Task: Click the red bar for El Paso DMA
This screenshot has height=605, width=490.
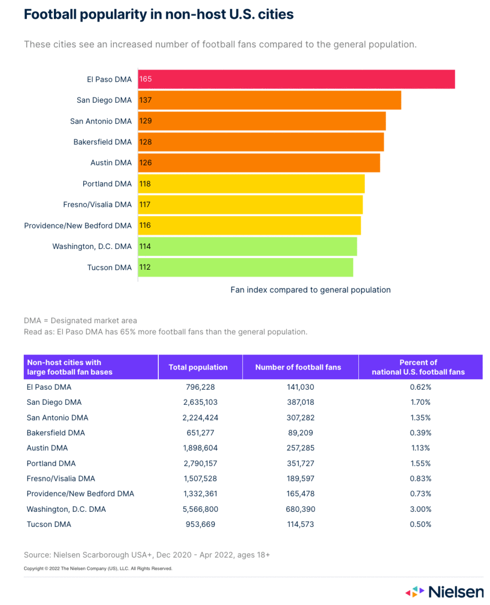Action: [296, 79]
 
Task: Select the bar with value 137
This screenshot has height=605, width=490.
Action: [270, 100]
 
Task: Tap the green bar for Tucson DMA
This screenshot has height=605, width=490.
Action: [246, 267]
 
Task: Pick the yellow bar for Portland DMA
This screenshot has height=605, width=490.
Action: [251, 184]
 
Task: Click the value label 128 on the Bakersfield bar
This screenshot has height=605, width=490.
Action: [146, 142]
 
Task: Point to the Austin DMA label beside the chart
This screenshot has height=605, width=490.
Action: [111, 163]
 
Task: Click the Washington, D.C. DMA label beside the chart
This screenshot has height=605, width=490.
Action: [92, 247]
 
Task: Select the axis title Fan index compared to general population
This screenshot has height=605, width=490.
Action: [311, 290]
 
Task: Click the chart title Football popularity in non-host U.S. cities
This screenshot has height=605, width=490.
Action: [159, 15]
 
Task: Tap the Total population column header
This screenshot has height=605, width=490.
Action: [198, 368]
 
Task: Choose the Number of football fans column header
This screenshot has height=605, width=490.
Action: [298, 368]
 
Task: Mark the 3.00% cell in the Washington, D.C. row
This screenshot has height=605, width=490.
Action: [420, 509]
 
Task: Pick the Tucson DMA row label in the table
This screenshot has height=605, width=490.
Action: [49, 524]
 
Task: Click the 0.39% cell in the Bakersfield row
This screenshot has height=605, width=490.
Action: [420, 433]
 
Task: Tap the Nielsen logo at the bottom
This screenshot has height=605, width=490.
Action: [444, 591]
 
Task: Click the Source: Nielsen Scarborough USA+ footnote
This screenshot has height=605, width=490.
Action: [147, 555]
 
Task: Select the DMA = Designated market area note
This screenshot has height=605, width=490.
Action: [80, 321]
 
